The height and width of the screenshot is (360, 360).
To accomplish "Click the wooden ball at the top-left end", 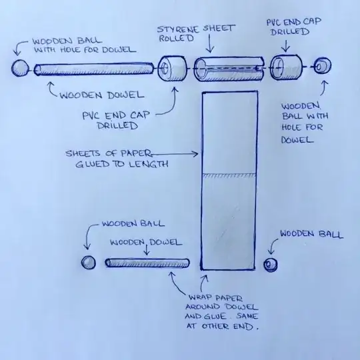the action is tap(20, 68).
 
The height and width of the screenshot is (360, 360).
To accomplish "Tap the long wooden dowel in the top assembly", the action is tap(94, 69).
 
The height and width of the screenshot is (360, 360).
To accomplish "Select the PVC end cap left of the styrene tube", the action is tap(172, 69).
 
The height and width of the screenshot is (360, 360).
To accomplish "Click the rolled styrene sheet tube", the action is tap(229, 69).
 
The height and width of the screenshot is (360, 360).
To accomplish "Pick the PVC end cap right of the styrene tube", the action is tap(286, 67).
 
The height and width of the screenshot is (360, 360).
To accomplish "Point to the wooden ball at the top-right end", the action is tap(322, 66).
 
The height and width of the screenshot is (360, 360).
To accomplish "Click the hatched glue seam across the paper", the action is tap(229, 175).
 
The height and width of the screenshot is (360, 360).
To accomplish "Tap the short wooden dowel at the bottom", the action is tap(147, 263).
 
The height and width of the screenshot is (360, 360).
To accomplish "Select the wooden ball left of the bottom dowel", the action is tap(89, 263).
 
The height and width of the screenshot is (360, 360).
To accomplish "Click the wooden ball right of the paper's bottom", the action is tap(271, 265).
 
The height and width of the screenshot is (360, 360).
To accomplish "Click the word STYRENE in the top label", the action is tap(178, 29).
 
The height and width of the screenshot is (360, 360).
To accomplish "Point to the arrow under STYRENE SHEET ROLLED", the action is tap(210, 43).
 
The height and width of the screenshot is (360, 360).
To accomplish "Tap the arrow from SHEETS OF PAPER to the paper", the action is tap(175, 154).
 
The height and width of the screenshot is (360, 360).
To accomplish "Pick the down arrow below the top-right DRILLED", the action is tap(286, 46).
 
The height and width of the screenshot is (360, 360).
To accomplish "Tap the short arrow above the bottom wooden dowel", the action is tap(147, 250).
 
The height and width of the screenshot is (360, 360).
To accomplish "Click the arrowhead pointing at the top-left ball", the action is tap(17, 53).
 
